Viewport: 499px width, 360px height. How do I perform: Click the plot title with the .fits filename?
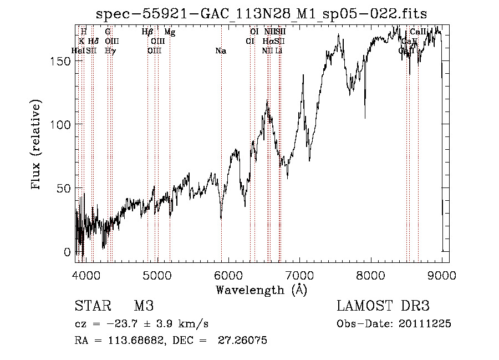262,13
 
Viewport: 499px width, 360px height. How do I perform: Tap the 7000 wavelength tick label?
299,275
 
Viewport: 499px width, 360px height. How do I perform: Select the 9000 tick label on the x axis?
442,275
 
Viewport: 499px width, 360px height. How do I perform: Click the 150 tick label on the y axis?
62,60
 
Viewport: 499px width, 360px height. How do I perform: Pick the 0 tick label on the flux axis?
68,252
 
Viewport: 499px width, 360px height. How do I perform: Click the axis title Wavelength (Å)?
261,290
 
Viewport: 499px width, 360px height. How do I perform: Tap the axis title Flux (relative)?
37,146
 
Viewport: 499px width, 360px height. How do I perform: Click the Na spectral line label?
221,51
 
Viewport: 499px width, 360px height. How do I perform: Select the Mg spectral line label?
170,33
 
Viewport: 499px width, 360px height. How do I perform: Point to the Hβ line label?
147,33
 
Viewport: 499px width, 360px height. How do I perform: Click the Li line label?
279,51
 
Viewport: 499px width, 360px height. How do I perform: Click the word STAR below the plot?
90,306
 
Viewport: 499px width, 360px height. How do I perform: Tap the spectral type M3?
144,306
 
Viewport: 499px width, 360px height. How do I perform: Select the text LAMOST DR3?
383,306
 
